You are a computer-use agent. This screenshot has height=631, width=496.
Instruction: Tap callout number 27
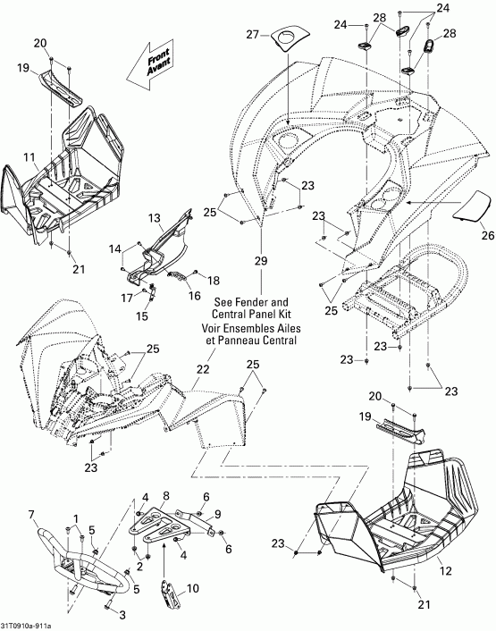coord(251,35)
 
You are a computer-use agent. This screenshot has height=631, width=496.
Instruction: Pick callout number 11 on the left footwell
coord(30,157)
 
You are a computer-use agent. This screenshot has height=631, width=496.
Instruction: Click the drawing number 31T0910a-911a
coord(26,625)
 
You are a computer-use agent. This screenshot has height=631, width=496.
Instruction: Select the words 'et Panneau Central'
coord(261,341)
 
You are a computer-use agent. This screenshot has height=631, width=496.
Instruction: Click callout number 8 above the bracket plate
coord(164,495)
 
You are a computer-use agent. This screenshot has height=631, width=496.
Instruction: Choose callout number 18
coord(213,281)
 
